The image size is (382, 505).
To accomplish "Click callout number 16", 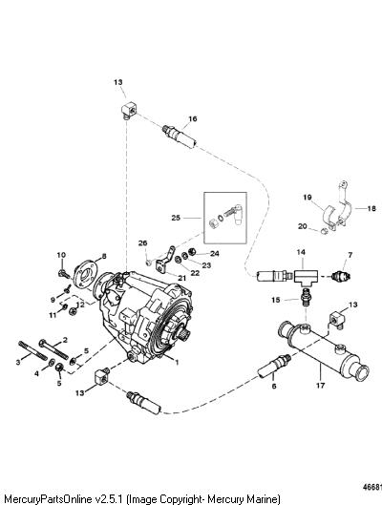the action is (x=193, y=118).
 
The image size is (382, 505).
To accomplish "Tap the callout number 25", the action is (x=176, y=218).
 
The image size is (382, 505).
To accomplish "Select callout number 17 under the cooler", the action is (x=321, y=385).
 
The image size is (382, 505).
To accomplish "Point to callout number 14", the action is (x=301, y=252).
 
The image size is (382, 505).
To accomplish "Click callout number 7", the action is (x=350, y=255).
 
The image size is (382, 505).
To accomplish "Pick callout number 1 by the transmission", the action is (x=177, y=362).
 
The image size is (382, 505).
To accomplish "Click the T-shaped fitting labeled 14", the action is (x=306, y=277).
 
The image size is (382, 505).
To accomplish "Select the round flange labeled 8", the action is (x=85, y=274).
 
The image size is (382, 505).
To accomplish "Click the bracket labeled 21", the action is (x=165, y=262).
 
